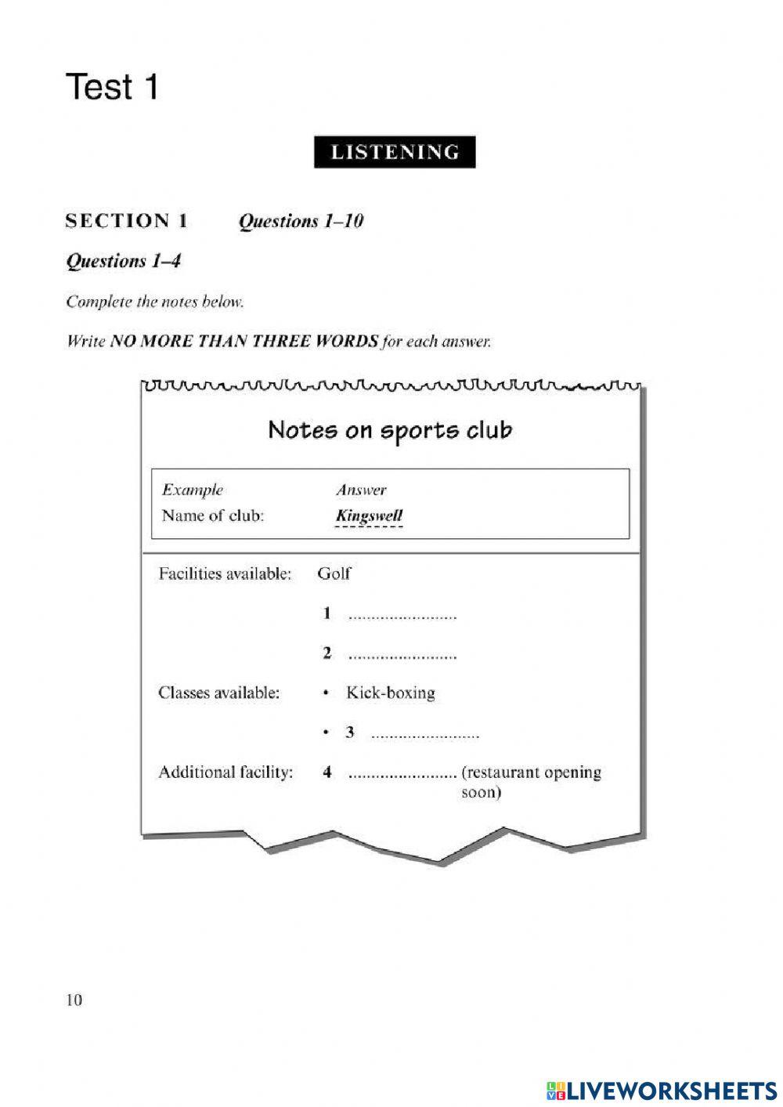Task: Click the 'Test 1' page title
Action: pyautogui.click(x=112, y=87)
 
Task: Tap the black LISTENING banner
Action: pyautogui.click(x=395, y=152)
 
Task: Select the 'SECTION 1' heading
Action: pyautogui.click(x=127, y=221)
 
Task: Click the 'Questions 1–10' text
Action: pyautogui.click(x=301, y=222)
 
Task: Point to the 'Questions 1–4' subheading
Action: pyautogui.click(x=124, y=261)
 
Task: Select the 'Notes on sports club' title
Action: pyautogui.click(x=390, y=430)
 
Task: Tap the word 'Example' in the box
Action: pyautogui.click(x=193, y=490)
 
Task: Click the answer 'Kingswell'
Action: pyautogui.click(x=369, y=516)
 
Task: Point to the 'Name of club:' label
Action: pyautogui.click(x=212, y=516)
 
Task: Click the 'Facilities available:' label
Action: pyautogui.click(x=225, y=573)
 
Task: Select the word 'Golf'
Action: pyautogui.click(x=334, y=573)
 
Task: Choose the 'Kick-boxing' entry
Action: pyautogui.click(x=390, y=693)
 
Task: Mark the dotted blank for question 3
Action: pyautogui.click(x=424, y=736)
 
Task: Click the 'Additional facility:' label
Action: pyautogui.click(x=226, y=772)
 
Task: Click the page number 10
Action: pyautogui.click(x=74, y=1000)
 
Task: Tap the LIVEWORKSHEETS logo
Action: pyautogui.click(x=662, y=1090)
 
